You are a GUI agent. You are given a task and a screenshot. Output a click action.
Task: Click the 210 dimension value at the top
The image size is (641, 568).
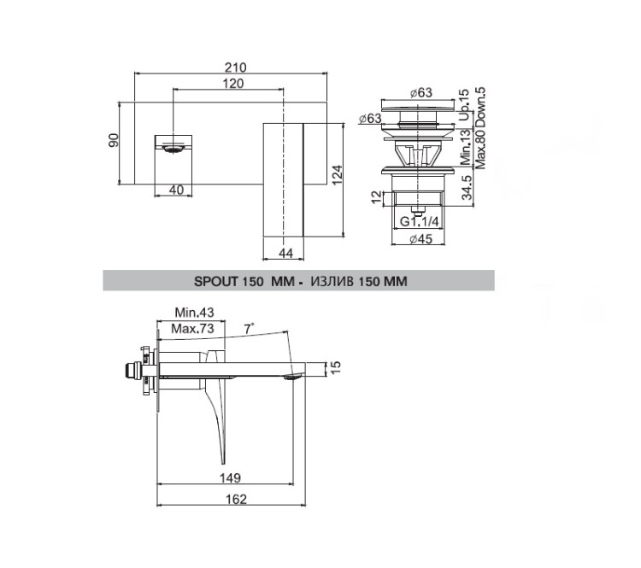coord(236,67)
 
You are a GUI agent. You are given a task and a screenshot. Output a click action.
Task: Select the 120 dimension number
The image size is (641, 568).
coord(233,84)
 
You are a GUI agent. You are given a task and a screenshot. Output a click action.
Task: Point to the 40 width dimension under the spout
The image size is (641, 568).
coord(176,190)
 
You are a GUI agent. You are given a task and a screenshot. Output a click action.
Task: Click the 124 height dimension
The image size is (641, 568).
coord(337,174)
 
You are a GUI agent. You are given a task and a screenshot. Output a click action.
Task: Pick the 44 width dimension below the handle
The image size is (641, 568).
coord(285,254)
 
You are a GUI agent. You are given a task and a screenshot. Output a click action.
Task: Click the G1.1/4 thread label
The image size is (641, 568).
coord(419,221)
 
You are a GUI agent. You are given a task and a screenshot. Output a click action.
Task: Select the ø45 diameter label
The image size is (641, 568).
coord(420,238)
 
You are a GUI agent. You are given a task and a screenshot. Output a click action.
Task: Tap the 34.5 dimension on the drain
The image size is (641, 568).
coord(467,188)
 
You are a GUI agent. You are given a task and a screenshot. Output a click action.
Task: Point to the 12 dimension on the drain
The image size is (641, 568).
coord(377,197)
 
